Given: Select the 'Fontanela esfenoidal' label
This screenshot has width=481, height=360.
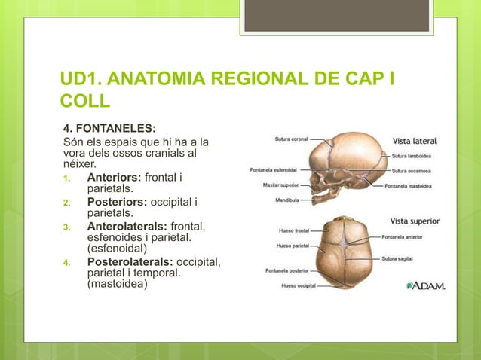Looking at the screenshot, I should point(273,169).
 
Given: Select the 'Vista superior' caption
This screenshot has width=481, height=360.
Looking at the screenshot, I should point(415,221).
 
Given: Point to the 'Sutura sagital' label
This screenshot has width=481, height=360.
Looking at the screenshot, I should point(403,258).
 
